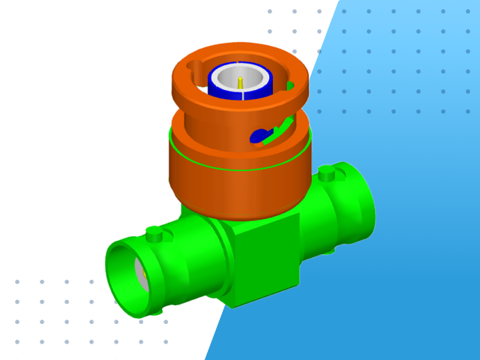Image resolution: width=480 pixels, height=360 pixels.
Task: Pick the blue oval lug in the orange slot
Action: tap(259, 136)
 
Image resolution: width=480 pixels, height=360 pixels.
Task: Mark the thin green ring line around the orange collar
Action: tap(225, 166)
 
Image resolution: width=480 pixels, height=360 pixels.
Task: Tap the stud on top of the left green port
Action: tap(154, 235)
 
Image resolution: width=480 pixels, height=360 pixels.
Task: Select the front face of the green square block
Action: tap(266, 259)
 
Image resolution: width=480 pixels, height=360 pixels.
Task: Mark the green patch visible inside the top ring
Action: tap(289, 85)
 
